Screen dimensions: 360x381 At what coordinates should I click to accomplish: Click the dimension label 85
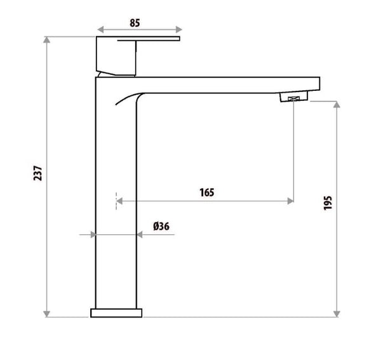coord(135,22)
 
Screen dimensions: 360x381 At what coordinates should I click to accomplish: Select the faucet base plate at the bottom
coord(117,313)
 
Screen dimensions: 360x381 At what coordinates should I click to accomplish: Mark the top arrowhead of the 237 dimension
coord(46,40)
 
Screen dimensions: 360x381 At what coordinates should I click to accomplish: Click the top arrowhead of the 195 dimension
coord(337,103)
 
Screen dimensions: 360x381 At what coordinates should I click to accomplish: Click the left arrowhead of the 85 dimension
coord(99,29)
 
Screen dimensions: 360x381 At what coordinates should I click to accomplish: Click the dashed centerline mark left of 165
coord(116,200)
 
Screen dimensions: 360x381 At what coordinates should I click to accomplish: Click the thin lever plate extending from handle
coord(159,39)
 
